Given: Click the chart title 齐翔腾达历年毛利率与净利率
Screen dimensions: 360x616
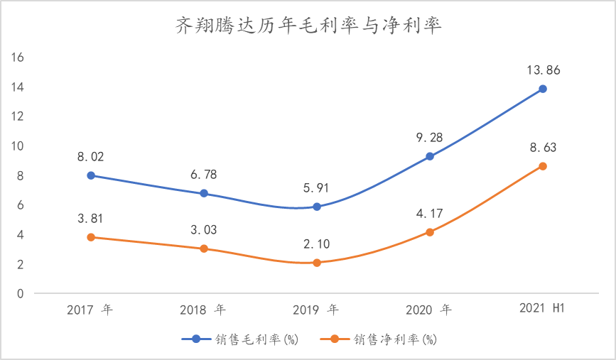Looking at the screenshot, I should pos(308,26).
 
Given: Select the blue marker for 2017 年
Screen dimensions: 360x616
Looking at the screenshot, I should pos(91,175).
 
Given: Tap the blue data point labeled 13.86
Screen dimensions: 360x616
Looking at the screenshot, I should pos(543,89).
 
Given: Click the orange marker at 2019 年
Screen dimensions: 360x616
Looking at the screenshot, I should pos(317,263).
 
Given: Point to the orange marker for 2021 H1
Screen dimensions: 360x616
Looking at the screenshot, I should pos(543,166).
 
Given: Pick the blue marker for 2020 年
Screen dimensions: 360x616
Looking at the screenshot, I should pos(430,156).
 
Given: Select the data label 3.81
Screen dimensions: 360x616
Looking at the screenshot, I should pos(91,219).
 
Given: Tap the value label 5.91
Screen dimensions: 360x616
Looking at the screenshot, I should pos(317,189).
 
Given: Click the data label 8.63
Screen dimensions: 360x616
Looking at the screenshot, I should pos(543,148).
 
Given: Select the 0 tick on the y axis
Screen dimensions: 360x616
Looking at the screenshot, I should pos(21,293).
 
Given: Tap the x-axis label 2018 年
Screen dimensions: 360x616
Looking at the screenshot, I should pos(204,310).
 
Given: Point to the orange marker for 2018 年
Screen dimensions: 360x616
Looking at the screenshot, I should pos(204,249).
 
